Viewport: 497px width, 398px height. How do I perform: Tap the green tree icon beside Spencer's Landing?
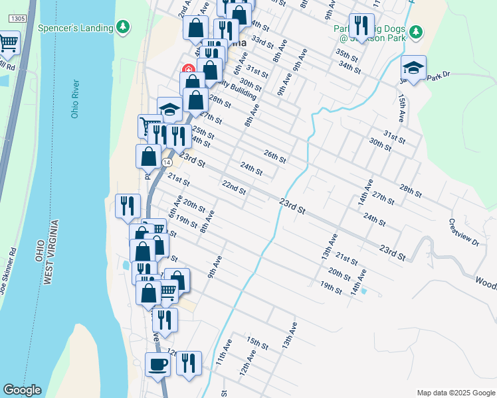(x=122, y=27)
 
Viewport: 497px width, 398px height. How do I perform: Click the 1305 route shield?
(x=18, y=19)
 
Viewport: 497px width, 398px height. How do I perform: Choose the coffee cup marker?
(x=157, y=364)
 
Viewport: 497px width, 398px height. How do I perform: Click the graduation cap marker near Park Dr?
(x=413, y=68)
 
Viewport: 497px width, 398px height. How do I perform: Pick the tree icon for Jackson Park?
(x=416, y=31)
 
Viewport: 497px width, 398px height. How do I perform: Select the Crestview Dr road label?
(x=463, y=232)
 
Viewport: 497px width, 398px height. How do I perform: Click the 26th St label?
(x=274, y=157)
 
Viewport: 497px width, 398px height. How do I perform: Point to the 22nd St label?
(x=234, y=188)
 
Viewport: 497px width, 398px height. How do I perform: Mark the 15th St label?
(x=256, y=343)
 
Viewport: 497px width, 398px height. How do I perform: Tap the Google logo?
(x=22, y=390)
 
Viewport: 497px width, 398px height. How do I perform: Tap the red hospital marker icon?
(x=188, y=68)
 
